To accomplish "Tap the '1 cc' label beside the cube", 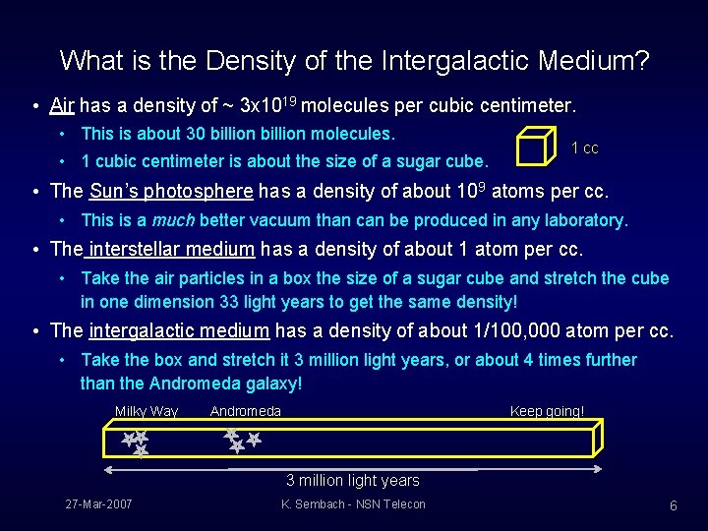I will [x=584, y=148].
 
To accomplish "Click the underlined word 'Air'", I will [x=62, y=104].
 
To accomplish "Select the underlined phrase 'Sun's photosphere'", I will [x=171, y=191].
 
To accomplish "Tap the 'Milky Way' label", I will [x=147, y=411].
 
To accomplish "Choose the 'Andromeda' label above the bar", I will [x=246, y=411].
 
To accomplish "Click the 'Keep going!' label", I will [x=547, y=411].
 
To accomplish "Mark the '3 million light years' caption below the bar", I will [x=352, y=481].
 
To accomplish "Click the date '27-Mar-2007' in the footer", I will [x=99, y=504].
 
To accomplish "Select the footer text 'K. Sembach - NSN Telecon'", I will [x=353, y=504].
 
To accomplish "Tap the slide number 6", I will [x=673, y=505].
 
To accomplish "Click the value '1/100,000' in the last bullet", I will [x=538, y=330].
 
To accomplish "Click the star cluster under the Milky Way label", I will [x=135, y=443].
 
